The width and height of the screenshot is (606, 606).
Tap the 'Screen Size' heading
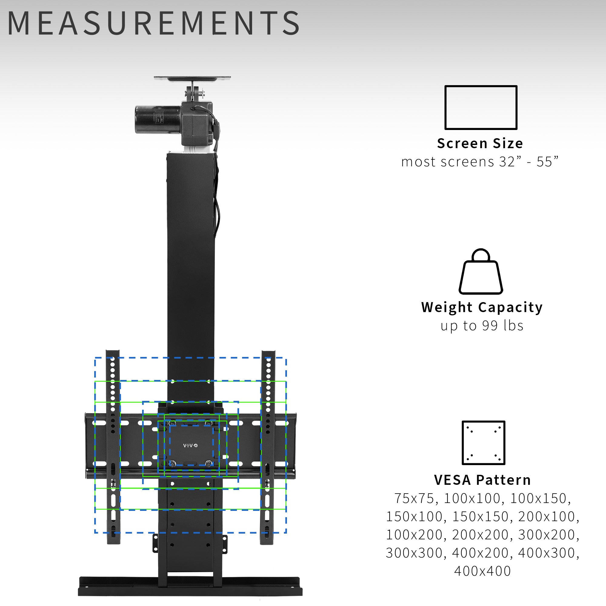click(480, 143)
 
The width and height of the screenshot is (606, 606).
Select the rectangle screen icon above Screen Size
click(481, 107)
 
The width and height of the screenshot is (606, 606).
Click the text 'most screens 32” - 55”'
click(480, 162)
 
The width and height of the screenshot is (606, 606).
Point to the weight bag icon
click(481, 272)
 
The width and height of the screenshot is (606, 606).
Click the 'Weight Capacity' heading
click(482, 307)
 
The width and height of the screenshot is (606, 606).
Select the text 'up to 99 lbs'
click(482, 326)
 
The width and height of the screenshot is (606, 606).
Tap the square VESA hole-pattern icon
click(483, 443)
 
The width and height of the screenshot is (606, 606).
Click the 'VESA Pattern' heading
click(482, 480)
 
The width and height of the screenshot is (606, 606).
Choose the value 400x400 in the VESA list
click(482, 571)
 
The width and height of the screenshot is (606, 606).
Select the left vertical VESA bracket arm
click(113, 445)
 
